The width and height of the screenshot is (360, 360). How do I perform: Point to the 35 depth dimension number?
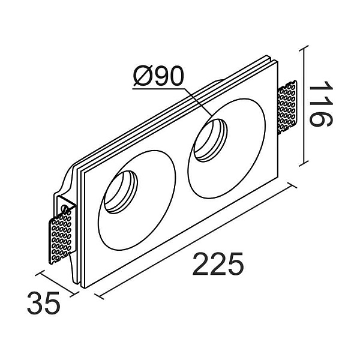click(44, 305)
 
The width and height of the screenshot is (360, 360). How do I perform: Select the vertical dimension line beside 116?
click(306, 105)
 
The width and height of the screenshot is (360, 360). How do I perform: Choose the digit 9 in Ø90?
click(159, 77)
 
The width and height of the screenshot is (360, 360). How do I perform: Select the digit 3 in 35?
click(37, 305)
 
